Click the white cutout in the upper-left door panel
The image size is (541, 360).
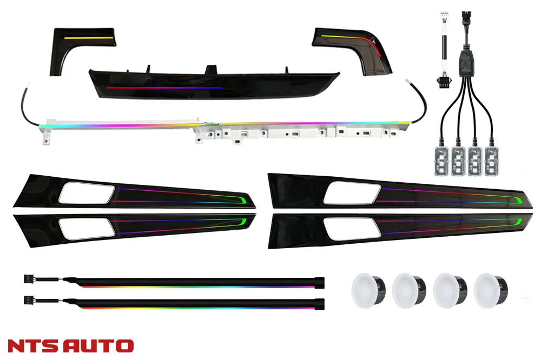tap(87, 194)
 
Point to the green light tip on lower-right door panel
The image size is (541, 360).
tap(516, 222)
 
